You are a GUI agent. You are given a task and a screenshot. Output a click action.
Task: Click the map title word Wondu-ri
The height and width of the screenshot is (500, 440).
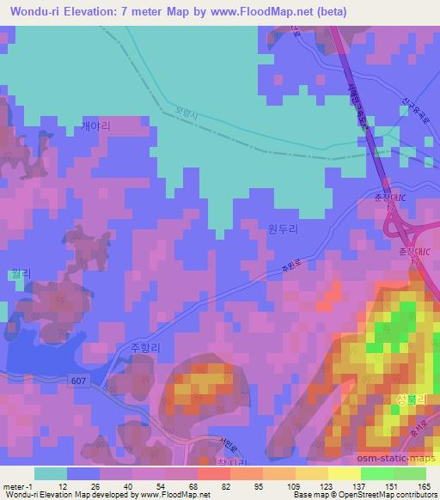pos(32,9)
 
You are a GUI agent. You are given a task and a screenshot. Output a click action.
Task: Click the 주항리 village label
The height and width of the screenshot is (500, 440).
pos(145,348)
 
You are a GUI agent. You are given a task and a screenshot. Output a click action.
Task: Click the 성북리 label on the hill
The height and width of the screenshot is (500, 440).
pos(409,401)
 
